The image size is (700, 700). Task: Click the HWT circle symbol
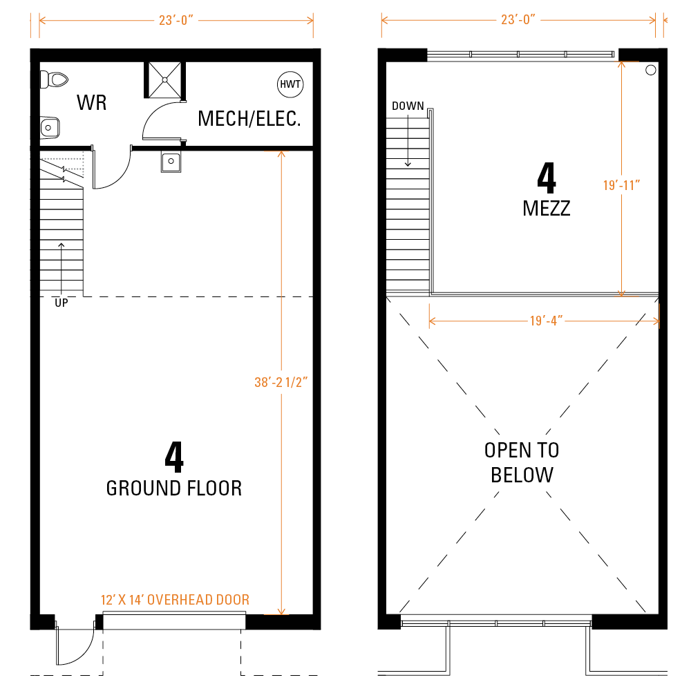(290, 84)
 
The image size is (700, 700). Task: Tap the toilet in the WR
(54, 80)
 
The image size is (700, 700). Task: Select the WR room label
(91, 103)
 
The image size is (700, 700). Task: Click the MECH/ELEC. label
(249, 119)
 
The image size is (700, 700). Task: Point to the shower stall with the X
(164, 80)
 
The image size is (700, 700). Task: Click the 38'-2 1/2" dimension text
(281, 382)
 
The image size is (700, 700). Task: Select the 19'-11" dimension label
(621, 185)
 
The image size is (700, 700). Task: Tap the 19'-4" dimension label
(547, 321)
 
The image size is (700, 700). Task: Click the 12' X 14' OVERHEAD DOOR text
(175, 600)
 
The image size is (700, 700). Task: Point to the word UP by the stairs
(62, 303)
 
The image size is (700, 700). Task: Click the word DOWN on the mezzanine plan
(408, 106)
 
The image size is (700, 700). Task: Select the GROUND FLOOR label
(174, 488)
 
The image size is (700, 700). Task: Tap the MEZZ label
(547, 209)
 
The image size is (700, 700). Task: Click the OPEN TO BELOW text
(522, 462)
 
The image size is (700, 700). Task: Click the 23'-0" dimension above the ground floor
(176, 20)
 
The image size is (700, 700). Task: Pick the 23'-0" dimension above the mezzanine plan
(518, 19)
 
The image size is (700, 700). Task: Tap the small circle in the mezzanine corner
(651, 70)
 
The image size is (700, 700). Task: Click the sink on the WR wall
(50, 128)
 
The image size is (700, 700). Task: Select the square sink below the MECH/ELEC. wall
(171, 162)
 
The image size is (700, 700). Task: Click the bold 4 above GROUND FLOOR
(174, 457)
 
